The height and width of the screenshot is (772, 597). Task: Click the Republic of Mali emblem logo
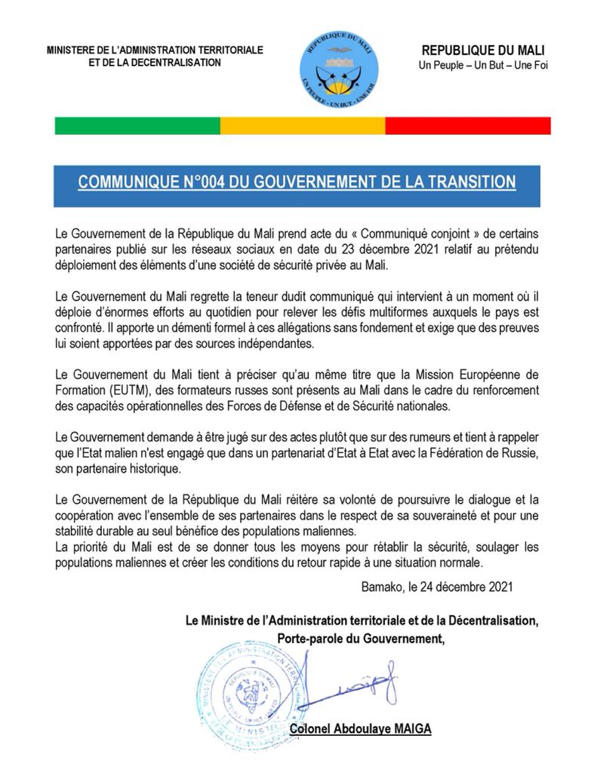click(x=339, y=69)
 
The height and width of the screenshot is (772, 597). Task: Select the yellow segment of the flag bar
click(x=302, y=125)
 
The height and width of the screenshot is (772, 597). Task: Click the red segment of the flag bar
click(x=467, y=125)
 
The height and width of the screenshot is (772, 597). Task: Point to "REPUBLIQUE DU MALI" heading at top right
click(x=483, y=50)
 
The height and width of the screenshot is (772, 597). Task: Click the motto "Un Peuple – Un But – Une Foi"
click(x=483, y=65)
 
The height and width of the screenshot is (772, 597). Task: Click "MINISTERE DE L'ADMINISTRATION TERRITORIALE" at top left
click(x=155, y=50)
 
